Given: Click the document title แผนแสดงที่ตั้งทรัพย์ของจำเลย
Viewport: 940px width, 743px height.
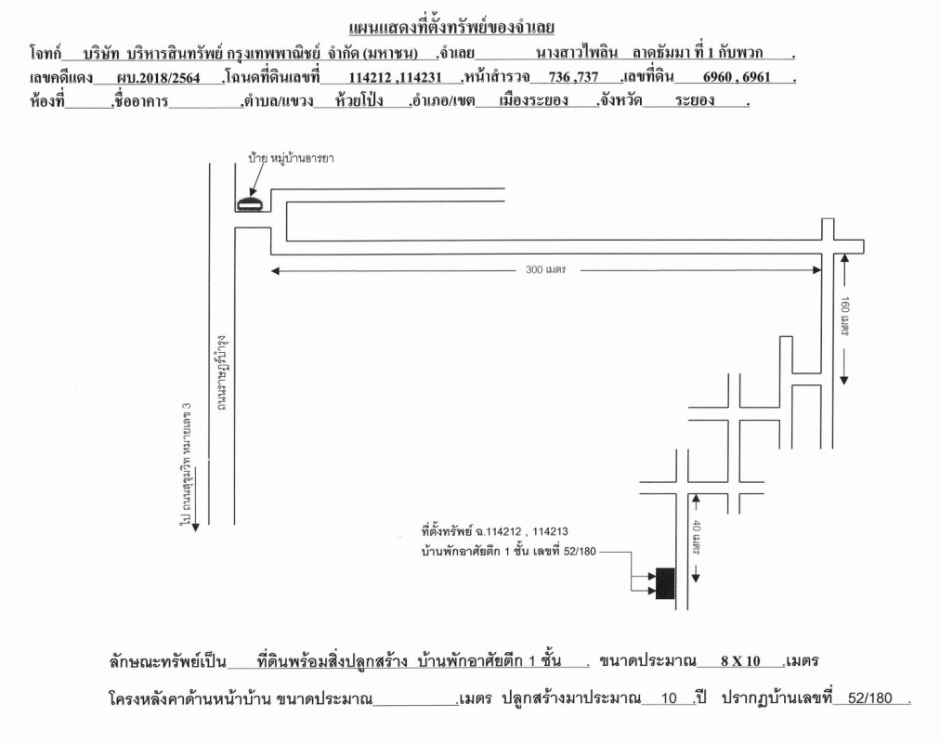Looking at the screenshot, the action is coord(451,28).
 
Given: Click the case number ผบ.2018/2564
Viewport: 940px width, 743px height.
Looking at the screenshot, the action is coord(158,77).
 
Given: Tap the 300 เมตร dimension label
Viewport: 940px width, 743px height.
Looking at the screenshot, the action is coord(545,269).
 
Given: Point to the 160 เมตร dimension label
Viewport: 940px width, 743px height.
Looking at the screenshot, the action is coord(844,317).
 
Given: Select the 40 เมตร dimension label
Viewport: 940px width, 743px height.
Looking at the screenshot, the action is coord(697,537).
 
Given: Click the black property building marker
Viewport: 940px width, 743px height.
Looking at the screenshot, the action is coord(665,583).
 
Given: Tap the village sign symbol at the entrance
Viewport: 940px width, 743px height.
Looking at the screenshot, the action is coord(250,203).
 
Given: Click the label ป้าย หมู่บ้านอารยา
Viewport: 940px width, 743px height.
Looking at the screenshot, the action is coord(291,158).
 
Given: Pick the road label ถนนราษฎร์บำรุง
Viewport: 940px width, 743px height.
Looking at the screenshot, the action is coord(221,373).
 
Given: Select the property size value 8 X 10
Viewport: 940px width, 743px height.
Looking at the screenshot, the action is coord(740,661).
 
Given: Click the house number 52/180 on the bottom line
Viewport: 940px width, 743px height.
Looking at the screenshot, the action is coord(869,698).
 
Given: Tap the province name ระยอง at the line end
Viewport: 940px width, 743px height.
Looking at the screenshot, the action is coord(694,100).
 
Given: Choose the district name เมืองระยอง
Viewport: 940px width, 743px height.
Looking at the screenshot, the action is coord(533,100).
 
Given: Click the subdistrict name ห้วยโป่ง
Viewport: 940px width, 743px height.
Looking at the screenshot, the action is coord(359,100).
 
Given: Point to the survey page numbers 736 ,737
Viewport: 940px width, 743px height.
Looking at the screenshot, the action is coord(573,77).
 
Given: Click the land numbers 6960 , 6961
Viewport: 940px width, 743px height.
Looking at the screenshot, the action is coord(737,77).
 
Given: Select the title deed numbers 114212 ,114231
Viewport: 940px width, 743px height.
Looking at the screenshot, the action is coord(395,77).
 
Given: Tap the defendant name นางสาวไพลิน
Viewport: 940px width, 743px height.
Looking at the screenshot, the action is coord(577,53).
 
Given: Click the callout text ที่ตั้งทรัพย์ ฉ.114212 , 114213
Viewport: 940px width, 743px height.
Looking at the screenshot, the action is coord(494,531).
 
